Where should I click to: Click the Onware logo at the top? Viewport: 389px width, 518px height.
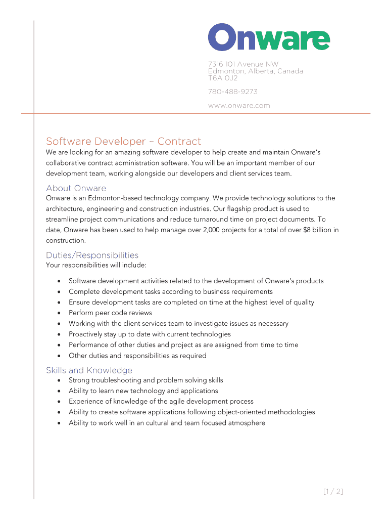pyautogui.click(x=269, y=37)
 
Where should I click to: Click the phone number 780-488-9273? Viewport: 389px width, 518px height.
pyautogui.click(x=232, y=92)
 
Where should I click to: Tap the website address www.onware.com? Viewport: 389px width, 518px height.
pyautogui.click(x=239, y=106)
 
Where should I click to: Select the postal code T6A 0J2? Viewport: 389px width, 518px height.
pyautogui.click(x=223, y=78)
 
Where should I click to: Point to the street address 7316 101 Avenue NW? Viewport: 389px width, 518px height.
pyautogui.click(x=243, y=64)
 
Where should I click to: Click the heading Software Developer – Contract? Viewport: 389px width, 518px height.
pyautogui.click(x=123, y=141)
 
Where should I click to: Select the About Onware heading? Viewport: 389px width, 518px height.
pyautogui.click(x=76, y=188)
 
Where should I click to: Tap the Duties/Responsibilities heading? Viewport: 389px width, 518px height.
pyautogui.click(x=92, y=255)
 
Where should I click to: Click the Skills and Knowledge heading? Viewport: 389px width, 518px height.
pyautogui.click(x=89, y=370)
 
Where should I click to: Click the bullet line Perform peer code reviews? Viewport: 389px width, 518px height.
pyautogui.click(x=110, y=313)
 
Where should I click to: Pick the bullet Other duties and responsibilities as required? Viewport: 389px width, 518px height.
pyautogui.click(x=137, y=356)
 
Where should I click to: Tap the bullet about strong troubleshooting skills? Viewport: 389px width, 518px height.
pyautogui.click(x=145, y=380)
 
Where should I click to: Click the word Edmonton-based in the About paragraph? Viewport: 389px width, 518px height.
pyautogui.click(x=111, y=198)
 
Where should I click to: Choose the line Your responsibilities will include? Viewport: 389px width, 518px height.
pyautogui.click(x=96, y=265)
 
